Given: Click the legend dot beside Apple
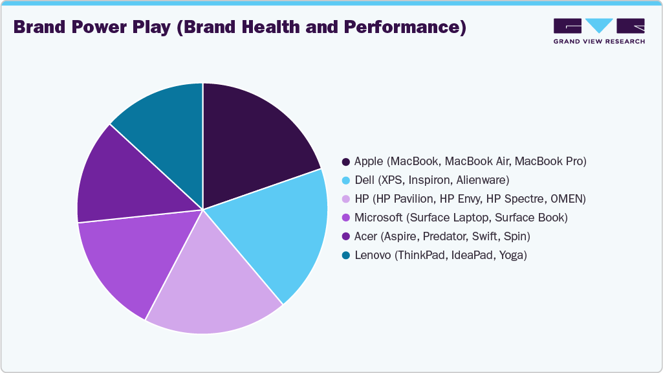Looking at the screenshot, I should click(347, 161).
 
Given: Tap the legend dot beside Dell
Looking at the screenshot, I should click(347, 180).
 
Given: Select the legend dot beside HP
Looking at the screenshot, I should click(347, 199).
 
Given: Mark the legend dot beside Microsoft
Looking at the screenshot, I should click(347, 218).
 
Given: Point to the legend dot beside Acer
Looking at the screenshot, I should click(347, 236).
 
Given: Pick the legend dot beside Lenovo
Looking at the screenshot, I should click(347, 255).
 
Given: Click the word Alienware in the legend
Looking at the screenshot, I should click(484, 180).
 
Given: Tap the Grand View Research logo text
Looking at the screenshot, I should click(599, 41).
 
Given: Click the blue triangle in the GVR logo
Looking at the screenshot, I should click(599, 25).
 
